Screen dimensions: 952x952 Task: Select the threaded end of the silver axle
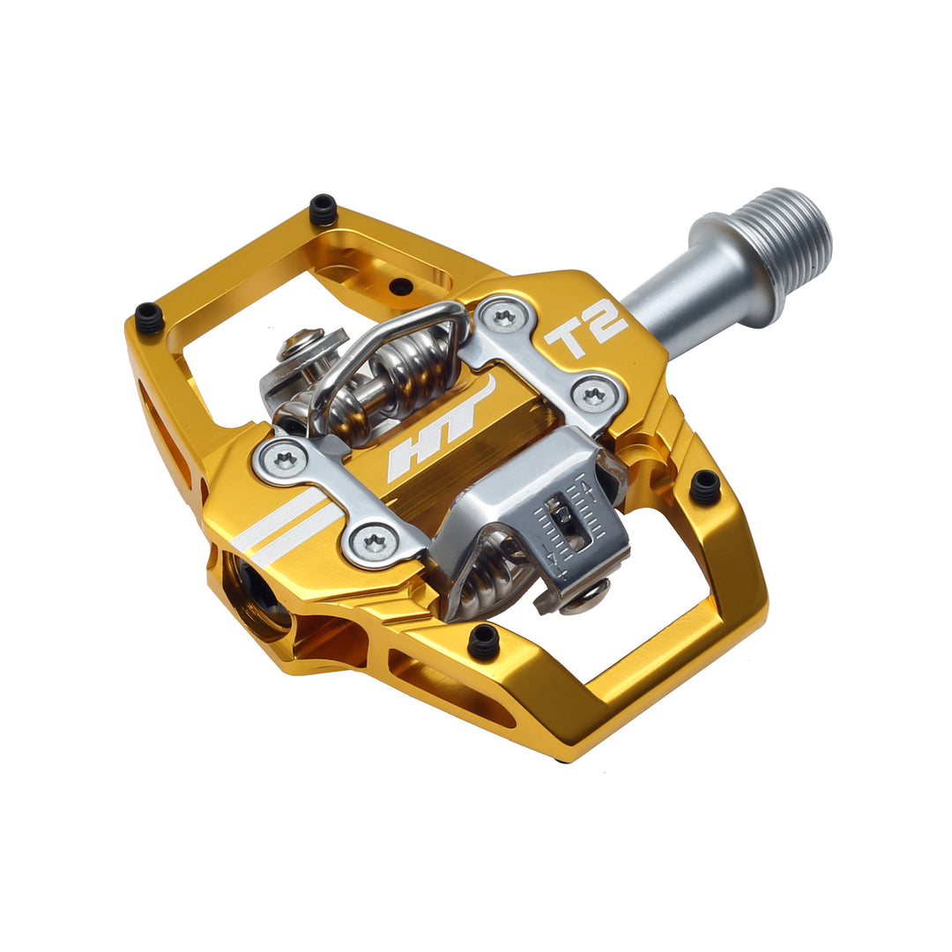coord(794,231)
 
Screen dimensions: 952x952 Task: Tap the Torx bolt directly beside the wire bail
coord(504,316)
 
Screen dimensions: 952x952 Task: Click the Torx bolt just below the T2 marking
coord(593,394)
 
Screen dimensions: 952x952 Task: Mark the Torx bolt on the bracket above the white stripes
coord(285,458)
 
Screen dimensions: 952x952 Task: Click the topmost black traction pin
coord(324,210)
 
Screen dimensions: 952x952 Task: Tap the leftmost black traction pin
coord(149,317)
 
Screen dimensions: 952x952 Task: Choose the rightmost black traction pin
coord(705,486)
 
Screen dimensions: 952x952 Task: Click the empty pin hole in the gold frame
coord(400,286)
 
